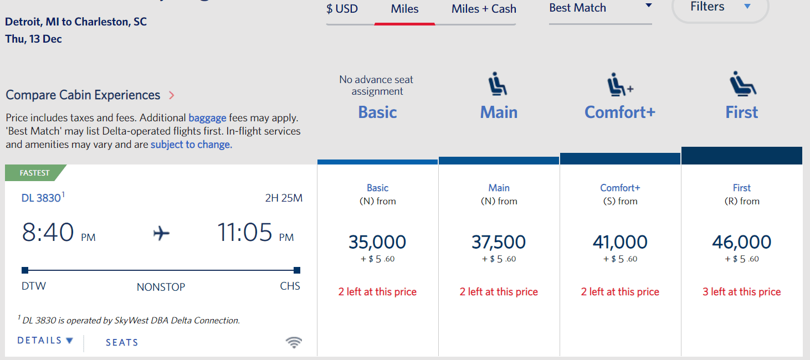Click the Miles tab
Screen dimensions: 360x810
click(x=404, y=9)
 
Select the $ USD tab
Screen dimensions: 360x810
click(x=342, y=9)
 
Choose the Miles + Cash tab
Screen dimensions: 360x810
click(x=484, y=9)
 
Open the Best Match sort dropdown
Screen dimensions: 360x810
click(x=600, y=8)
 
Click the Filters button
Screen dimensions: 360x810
click(x=720, y=7)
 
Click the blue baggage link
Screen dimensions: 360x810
click(x=207, y=118)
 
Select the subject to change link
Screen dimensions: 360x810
click(x=191, y=145)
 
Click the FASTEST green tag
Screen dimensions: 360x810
click(x=35, y=173)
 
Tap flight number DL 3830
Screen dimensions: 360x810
click(x=41, y=198)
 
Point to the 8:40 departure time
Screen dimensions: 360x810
click(x=48, y=233)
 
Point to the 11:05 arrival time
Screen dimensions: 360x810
click(x=245, y=233)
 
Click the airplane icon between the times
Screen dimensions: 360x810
click(x=161, y=234)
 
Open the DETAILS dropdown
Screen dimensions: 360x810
click(x=45, y=341)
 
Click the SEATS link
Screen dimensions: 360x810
click(x=122, y=343)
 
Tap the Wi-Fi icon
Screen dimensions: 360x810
click(x=294, y=343)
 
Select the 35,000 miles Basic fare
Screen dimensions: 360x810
click(x=377, y=242)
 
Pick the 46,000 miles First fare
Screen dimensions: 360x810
click(x=741, y=242)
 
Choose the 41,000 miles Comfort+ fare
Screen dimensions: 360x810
click(x=620, y=242)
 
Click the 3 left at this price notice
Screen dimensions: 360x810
click(x=741, y=292)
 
